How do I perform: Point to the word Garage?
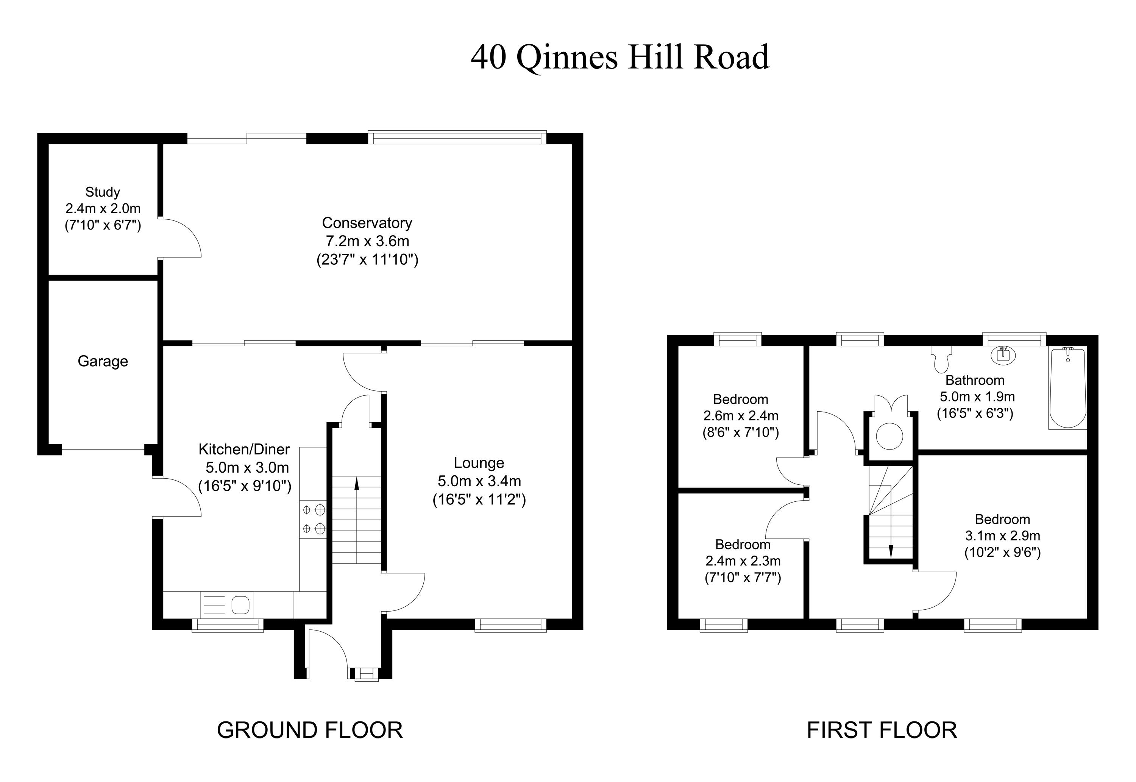pos(103,361)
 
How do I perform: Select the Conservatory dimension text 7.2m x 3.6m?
pos(367,241)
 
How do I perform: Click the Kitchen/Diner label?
pos(244,449)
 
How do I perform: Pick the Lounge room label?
pos(479,463)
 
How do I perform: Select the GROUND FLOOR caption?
pos(310,730)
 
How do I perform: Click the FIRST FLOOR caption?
pos(882,730)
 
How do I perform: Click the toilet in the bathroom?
pos(941,359)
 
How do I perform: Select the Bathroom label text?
pos(975,380)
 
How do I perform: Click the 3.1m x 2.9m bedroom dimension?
pos(1002,536)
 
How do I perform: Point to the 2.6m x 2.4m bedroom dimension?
pos(741,416)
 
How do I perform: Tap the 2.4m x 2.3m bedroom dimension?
pos(743,560)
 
